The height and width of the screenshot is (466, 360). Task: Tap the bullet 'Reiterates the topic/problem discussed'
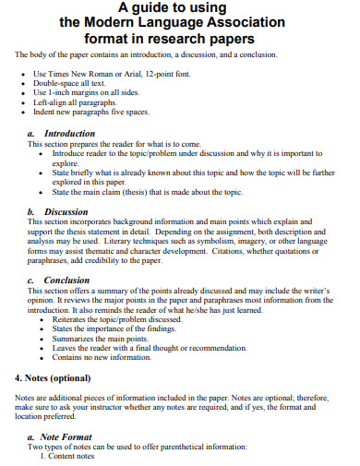click(121, 319)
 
